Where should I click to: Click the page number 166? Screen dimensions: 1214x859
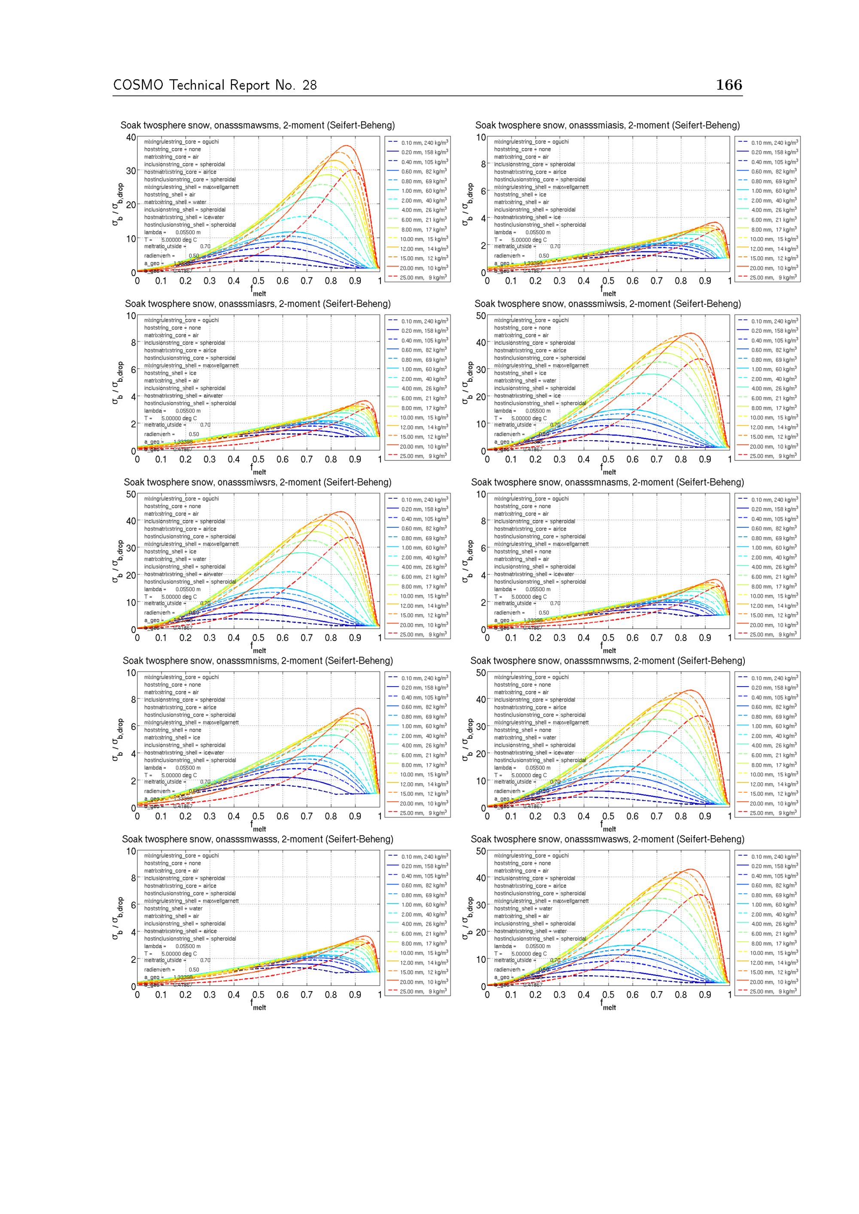pyautogui.click(x=729, y=85)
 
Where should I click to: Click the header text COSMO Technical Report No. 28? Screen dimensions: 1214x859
pyautogui.click(x=215, y=85)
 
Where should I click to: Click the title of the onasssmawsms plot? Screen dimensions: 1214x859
pyautogui.click(x=258, y=126)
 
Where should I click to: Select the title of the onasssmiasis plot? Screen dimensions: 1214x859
pyautogui.click(x=607, y=126)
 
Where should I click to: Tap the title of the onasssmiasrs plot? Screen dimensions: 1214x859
pyautogui.click(x=258, y=304)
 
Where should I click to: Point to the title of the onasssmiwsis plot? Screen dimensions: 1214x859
pyautogui.click(x=607, y=304)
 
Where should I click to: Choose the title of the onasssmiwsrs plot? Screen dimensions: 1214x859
pyautogui.click(x=258, y=483)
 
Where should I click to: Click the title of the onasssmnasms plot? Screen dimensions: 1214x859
pyautogui.click(x=607, y=483)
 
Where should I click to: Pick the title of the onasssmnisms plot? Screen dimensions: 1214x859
pyautogui.click(x=258, y=661)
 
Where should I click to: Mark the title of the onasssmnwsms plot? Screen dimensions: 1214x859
pyautogui.click(x=607, y=661)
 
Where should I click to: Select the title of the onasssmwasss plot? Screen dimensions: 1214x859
pyautogui.click(x=258, y=840)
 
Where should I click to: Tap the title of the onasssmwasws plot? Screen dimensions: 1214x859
pyautogui.click(x=607, y=840)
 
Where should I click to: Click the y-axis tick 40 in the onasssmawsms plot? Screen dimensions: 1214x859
pyautogui.click(x=131, y=137)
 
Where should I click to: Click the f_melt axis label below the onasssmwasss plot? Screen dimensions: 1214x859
pyautogui.click(x=258, y=1006)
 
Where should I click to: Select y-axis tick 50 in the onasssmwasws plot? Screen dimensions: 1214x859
pyautogui.click(x=481, y=851)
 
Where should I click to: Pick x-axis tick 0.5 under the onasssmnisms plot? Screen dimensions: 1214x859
pyautogui.click(x=258, y=816)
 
